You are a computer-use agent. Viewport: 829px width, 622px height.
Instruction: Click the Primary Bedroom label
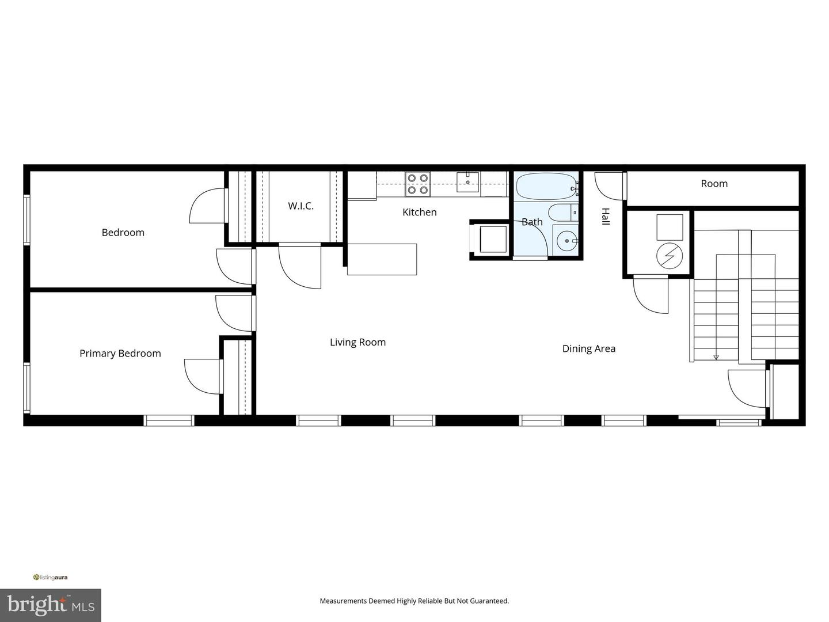pyautogui.click(x=120, y=354)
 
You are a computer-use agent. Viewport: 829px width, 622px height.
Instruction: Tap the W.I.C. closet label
pyautogui.click(x=301, y=206)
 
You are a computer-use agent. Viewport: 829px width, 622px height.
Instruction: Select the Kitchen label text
pyautogui.click(x=419, y=213)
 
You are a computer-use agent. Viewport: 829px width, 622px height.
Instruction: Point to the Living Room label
pyautogui.click(x=358, y=342)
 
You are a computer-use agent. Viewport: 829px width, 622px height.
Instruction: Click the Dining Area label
pyautogui.click(x=588, y=348)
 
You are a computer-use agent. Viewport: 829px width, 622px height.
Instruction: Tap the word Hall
pyautogui.click(x=606, y=217)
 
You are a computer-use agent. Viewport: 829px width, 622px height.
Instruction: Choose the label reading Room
pyautogui.click(x=714, y=184)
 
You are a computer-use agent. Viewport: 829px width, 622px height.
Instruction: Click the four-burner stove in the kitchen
pyautogui.click(x=417, y=184)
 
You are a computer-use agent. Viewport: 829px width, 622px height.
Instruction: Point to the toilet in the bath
pyautogui.click(x=561, y=213)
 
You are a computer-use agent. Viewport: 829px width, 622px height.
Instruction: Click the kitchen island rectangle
pyautogui.click(x=382, y=259)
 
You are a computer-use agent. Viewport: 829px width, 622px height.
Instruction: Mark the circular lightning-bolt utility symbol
pyautogui.click(x=670, y=256)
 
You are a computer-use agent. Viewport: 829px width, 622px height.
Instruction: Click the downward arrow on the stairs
pyautogui.click(x=716, y=356)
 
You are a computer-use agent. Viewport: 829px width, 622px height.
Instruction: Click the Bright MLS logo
pyautogui.click(x=51, y=605)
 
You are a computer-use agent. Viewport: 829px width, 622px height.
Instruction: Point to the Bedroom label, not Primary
pyautogui.click(x=123, y=233)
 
